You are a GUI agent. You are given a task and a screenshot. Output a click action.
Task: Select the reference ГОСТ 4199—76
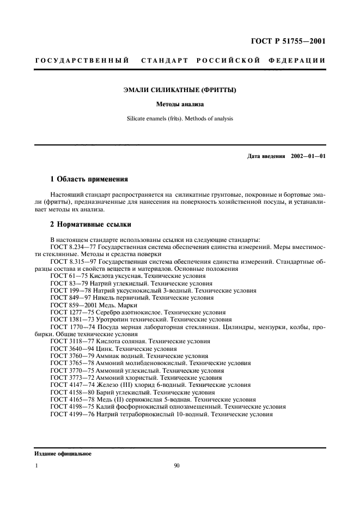click(x=69, y=413)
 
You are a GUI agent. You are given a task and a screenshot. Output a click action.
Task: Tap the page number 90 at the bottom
click(x=177, y=466)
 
